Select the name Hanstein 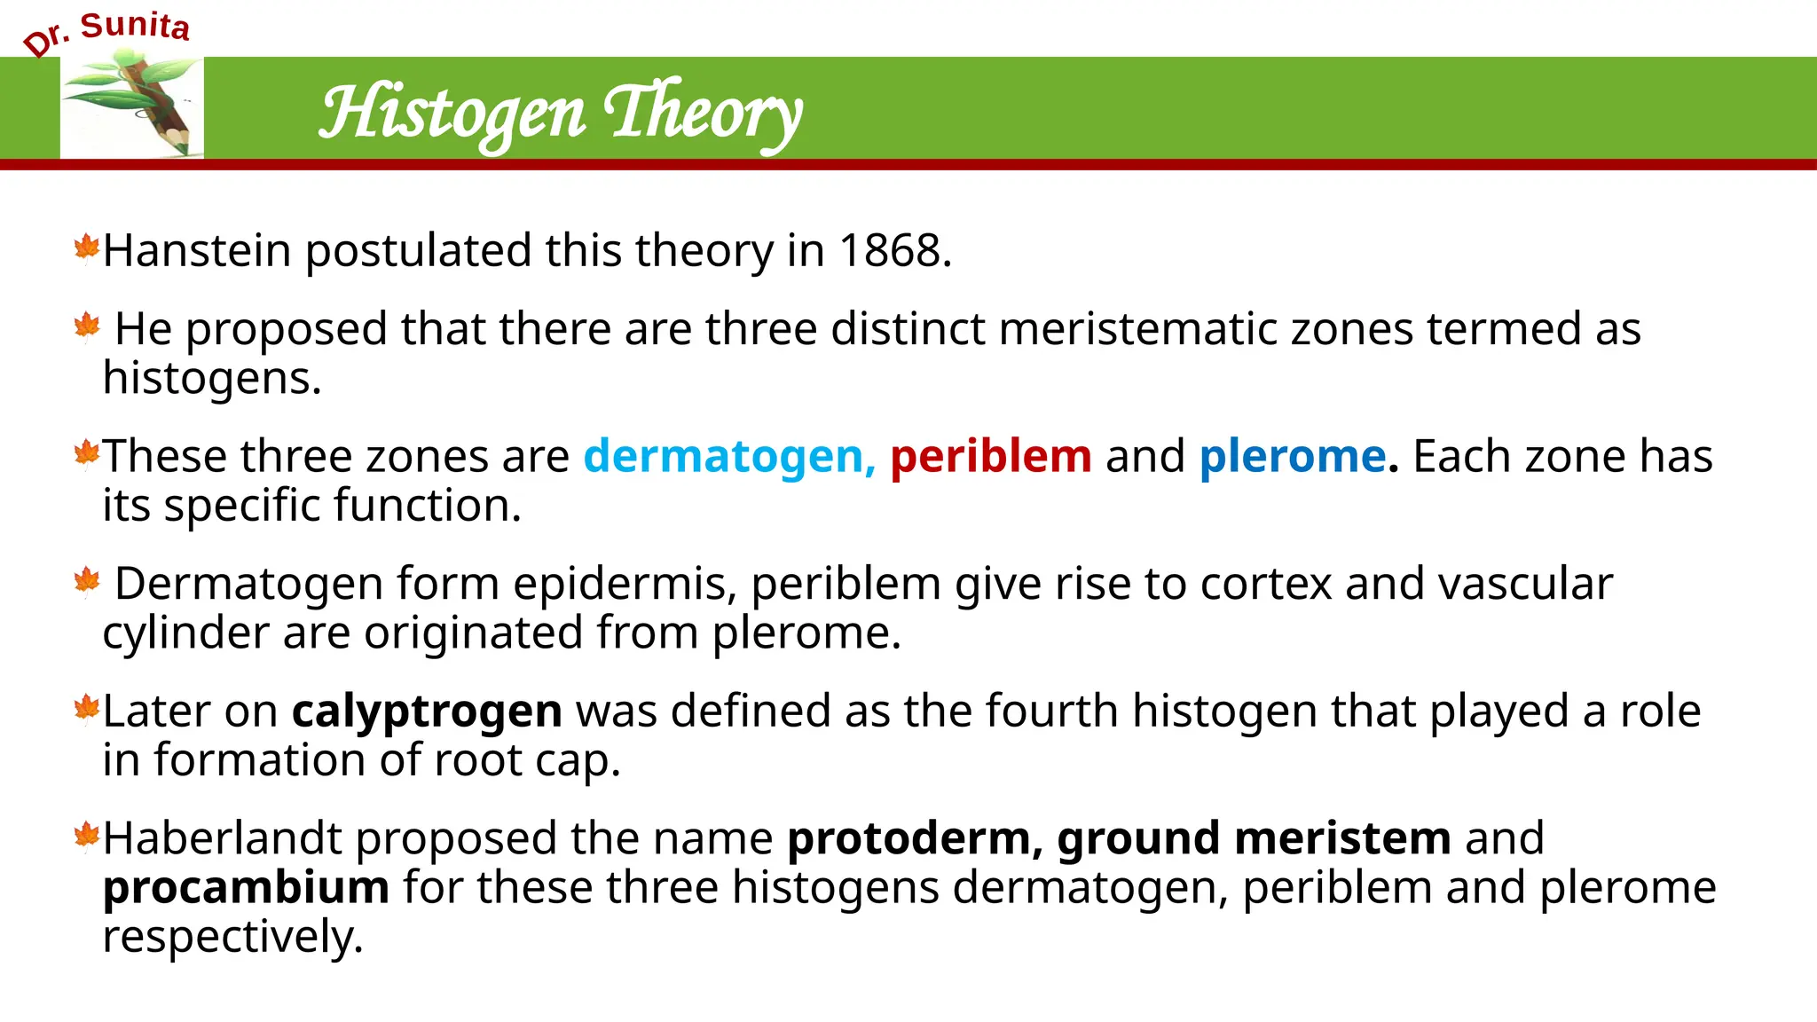point(197,251)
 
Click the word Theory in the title point(703,114)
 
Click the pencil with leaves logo point(132,105)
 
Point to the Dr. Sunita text point(106,32)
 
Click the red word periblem point(990,457)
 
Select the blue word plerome point(1293,457)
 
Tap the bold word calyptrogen point(427,711)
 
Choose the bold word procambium point(246,887)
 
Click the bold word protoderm point(908,838)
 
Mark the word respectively point(232,937)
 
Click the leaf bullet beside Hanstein point(87,248)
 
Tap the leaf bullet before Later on point(87,709)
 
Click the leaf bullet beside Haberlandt point(87,836)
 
